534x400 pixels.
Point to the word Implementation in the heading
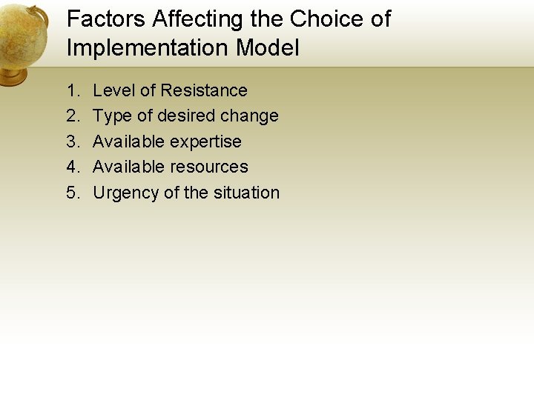point(148,48)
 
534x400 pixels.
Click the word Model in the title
point(268,48)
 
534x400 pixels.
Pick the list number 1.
point(72,90)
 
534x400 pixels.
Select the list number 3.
point(72,141)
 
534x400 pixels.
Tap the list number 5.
point(72,193)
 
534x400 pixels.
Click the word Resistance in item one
point(204,90)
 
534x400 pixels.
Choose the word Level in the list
point(113,90)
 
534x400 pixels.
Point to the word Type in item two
point(112,116)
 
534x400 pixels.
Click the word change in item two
point(250,116)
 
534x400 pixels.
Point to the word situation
point(246,193)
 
